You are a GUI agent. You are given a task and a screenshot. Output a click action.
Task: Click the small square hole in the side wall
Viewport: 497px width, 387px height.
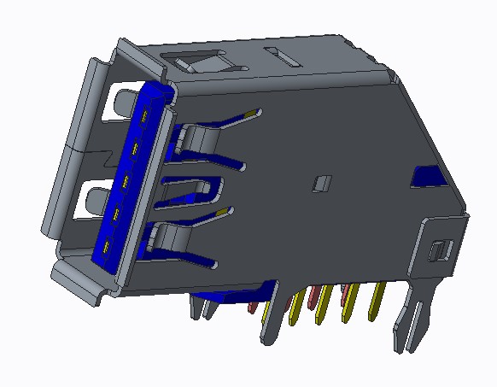(x=322, y=183)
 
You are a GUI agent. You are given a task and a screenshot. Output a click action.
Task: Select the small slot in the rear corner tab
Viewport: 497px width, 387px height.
(x=439, y=250)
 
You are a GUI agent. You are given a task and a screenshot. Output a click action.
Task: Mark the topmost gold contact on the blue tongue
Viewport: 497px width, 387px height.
(x=146, y=117)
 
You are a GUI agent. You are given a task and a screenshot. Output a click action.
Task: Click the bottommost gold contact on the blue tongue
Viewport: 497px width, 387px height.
(x=106, y=249)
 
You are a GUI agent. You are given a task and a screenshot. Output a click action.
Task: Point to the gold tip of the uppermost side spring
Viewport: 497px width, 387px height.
(x=251, y=112)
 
